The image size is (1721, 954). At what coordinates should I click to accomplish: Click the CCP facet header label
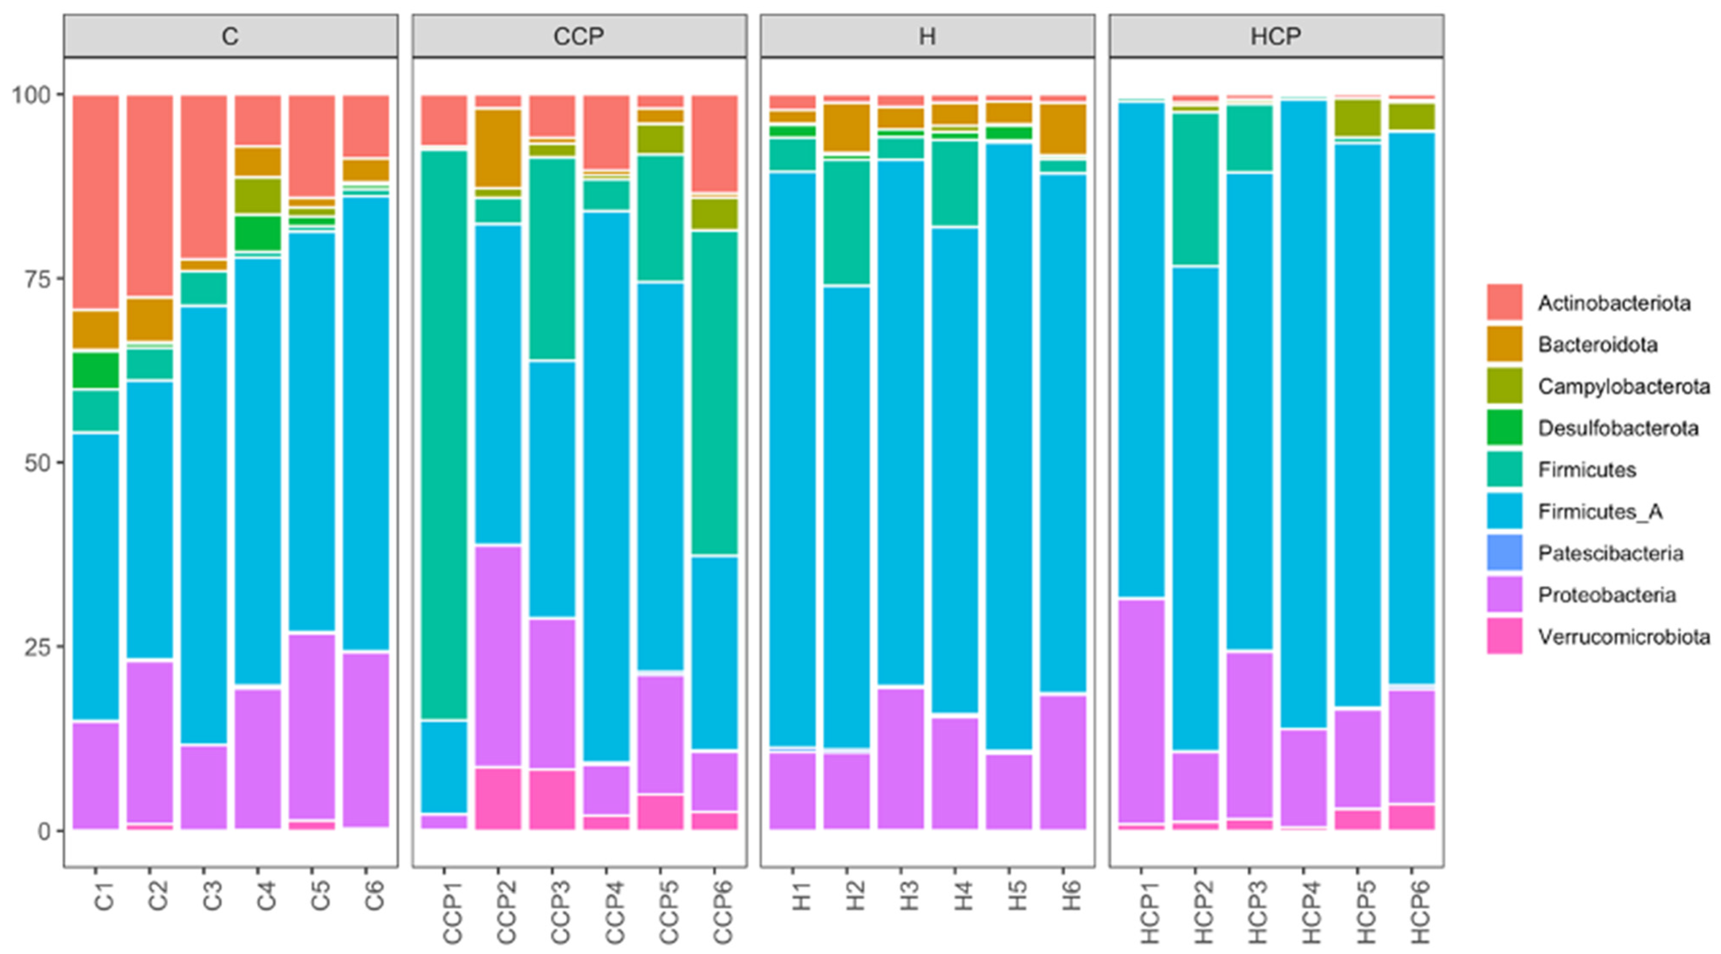(579, 36)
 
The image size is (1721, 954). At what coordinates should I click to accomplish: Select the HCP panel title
(1276, 36)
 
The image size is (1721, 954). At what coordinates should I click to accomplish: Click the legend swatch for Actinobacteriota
(1504, 302)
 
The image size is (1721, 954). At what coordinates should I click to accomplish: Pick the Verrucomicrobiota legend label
(1623, 637)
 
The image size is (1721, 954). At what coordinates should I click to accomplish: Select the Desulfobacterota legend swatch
(1504, 427)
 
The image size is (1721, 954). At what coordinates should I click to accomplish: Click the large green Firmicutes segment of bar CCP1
(444, 434)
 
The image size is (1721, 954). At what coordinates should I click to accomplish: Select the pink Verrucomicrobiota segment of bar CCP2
(498, 798)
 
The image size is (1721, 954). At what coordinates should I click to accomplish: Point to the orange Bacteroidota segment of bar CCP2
(498, 148)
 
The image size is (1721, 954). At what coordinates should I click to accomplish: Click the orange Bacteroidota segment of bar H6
(1063, 128)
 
